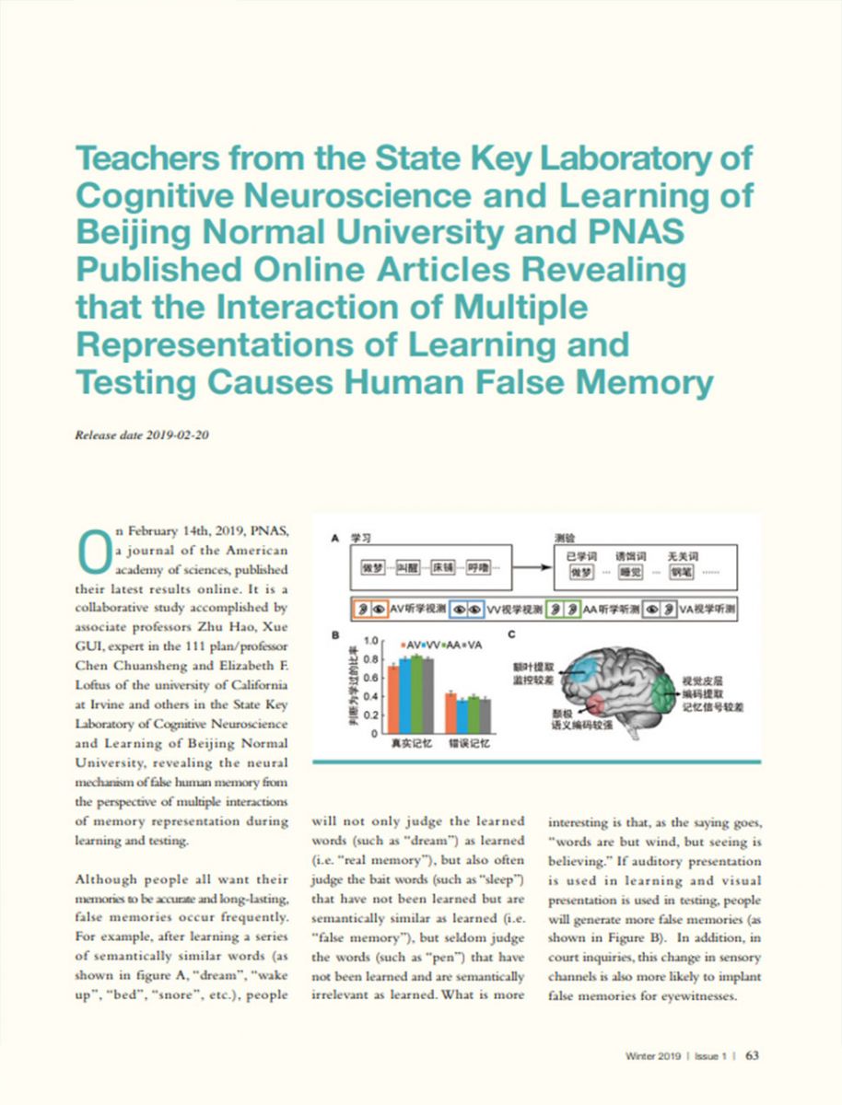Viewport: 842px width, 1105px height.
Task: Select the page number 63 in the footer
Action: coord(753,1055)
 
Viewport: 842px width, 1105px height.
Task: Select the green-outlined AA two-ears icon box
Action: coord(562,609)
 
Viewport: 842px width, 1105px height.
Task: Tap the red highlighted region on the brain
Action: coord(591,705)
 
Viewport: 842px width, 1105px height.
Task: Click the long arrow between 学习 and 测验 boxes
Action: coord(529,568)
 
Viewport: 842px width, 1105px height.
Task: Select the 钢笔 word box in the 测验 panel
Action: coord(683,574)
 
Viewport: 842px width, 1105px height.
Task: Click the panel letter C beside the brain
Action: coord(511,634)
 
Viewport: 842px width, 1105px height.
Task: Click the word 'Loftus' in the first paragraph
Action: coord(92,685)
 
